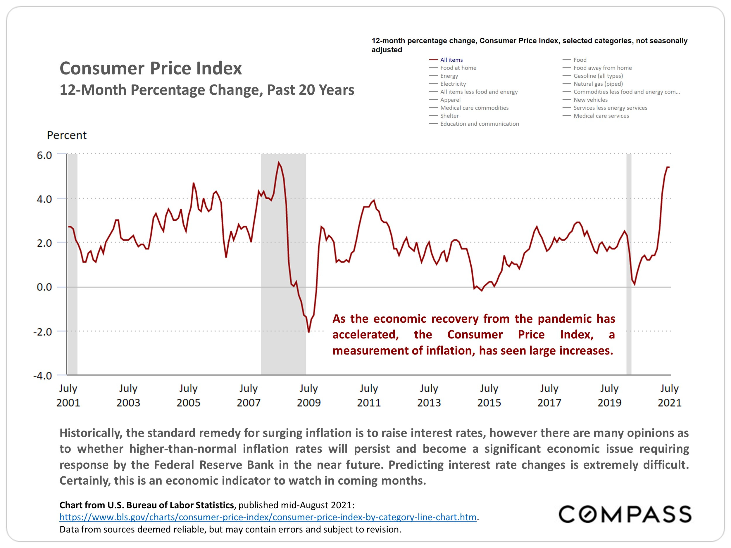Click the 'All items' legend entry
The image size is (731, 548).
click(x=451, y=60)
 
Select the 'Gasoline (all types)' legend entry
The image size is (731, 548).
click(x=598, y=76)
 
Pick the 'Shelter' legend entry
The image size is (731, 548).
click(x=449, y=116)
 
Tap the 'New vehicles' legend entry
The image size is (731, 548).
click(x=590, y=100)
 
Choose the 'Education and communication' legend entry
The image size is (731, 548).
click(x=479, y=124)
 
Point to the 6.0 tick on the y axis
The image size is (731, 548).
click(x=44, y=155)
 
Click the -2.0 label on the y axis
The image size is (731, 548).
click(x=43, y=332)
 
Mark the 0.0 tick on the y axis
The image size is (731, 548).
click(x=44, y=287)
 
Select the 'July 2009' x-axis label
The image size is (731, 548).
click(x=309, y=395)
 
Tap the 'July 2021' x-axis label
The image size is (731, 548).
click(x=669, y=395)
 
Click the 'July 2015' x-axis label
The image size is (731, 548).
click(x=489, y=395)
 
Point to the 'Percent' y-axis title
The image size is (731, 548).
click(x=67, y=135)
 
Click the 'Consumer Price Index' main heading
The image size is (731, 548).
click(x=151, y=68)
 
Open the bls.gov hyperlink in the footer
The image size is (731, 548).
click(x=268, y=517)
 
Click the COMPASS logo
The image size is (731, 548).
click(x=625, y=514)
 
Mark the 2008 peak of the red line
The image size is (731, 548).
click(x=279, y=162)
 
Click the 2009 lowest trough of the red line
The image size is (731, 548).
click(x=309, y=332)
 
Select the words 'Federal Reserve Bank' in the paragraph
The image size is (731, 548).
click(x=213, y=465)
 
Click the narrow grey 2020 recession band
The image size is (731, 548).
click(x=629, y=264)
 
